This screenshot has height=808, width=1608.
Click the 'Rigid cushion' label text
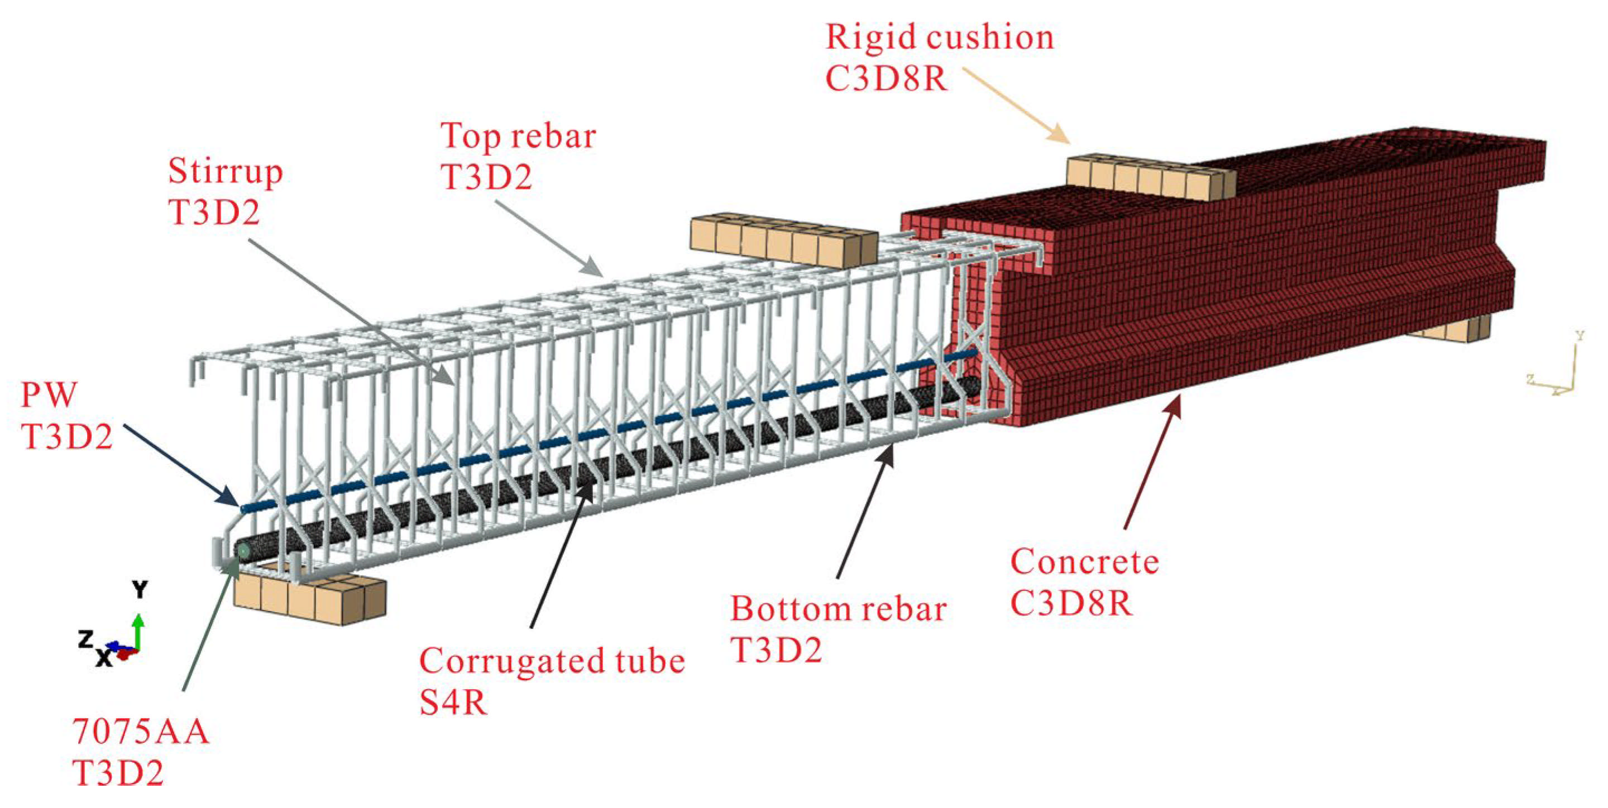pyautogui.click(x=940, y=37)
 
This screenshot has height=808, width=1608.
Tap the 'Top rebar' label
pyautogui.click(x=518, y=136)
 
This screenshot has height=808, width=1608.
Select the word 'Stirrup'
pyautogui.click(x=226, y=171)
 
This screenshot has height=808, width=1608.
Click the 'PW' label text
pyautogui.click(x=49, y=395)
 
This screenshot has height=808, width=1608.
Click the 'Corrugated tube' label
pyautogui.click(x=552, y=660)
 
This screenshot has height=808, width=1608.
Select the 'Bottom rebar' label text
pyautogui.click(x=838, y=608)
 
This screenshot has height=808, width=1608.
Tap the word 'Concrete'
pyautogui.click(x=1084, y=561)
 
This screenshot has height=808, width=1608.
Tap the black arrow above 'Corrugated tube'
pyautogui.click(x=560, y=555)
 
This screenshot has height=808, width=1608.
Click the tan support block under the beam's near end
pyautogui.click(x=310, y=597)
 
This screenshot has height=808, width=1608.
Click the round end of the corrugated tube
pyautogui.click(x=242, y=551)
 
